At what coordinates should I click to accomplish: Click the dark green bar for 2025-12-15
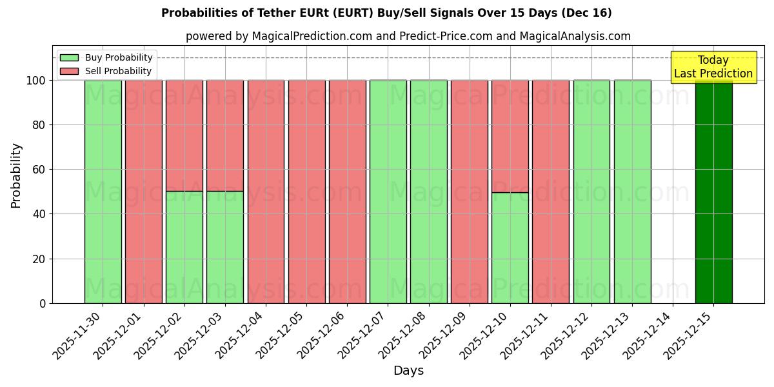click(x=713, y=192)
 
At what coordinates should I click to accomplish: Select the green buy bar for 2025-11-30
click(x=103, y=192)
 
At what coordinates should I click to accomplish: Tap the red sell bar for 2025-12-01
click(x=143, y=192)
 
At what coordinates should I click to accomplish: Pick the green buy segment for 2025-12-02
click(x=184, y=247)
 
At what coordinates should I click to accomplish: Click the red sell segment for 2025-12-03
click(x=225, y=135)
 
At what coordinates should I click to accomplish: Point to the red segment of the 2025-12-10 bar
click(x=510, y=136)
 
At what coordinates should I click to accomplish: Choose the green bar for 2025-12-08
click(x=429, y=192)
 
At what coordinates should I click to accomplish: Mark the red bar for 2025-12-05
click(x=306, y=192)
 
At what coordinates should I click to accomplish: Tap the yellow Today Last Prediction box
click(x=713, y=67)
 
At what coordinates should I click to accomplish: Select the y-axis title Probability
click(x=16, y=175)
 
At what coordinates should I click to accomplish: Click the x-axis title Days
click(x=408, y=371)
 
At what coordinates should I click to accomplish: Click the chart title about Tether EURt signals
click(x=386, y=13)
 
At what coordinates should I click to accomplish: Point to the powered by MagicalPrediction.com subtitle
click(x=408, y=36)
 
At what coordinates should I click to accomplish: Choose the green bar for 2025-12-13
click(x=632, y=192)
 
